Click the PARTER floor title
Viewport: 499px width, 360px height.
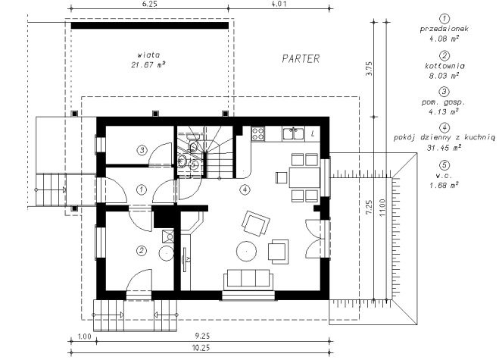[x=301, y=58]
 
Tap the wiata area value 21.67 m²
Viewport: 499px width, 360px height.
[x=148, y=64]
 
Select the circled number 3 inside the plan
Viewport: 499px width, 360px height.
[x=142, y=150]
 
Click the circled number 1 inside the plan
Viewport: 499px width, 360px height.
[x=142, y=190]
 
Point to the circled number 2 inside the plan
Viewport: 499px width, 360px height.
[x=142, y=251]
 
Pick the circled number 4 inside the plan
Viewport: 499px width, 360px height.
[x=245, y=190]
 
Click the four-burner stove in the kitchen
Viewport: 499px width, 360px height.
[x=257, y=134]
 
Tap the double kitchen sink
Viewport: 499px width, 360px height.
[x=293, y=133]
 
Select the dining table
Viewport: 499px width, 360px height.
[x=304, y=177]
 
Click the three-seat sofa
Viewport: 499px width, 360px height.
[x=248, y=280]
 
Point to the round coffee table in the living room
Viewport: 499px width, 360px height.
[x=246, y=252]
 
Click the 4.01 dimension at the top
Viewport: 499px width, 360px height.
[x=279, y=4]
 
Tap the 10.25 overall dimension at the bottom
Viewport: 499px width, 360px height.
[x=201, y=348]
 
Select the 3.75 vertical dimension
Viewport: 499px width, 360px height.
[x=369, y=68]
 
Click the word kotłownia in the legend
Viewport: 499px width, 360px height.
[x=444, y=66]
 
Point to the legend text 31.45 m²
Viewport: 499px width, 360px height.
[x=444, y=148]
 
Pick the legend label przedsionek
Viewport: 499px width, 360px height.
[x=444, y=29]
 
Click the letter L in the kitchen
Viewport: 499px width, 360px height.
[x=313, y=134]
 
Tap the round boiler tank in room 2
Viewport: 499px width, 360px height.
[x=166, y=253]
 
